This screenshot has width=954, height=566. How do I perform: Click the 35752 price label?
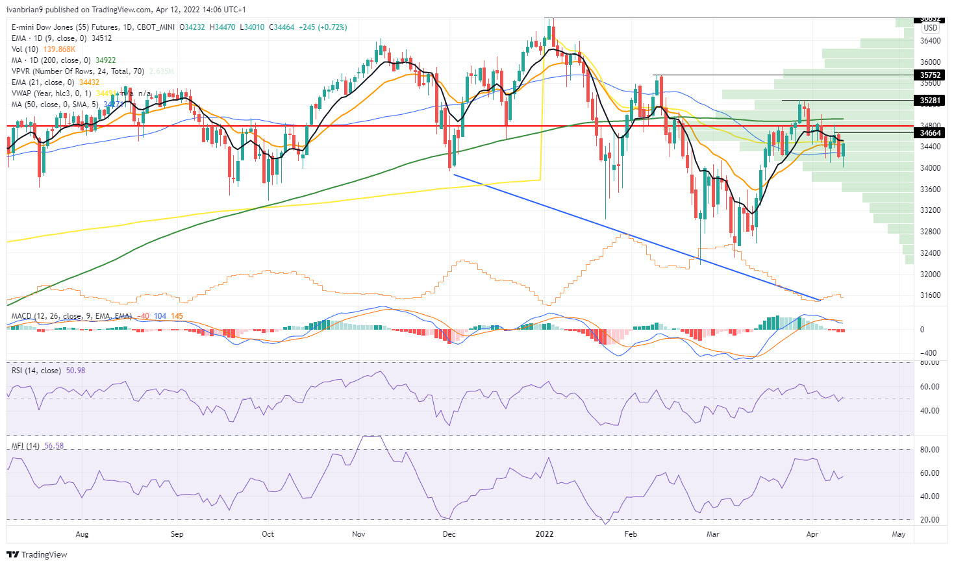(x=931, y=75)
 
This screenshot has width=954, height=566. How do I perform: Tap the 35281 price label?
(x=931, y=101)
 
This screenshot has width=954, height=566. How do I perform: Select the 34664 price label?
(x=931, y=133)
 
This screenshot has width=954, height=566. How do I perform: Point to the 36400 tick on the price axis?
(x=930, y=41)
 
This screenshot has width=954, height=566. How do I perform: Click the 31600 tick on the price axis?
(x=930, y=295)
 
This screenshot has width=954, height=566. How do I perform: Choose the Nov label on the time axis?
(x=358, y=534)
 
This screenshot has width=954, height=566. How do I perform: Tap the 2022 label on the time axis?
(x=544, y=534)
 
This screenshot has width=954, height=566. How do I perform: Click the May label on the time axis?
(x=899, y=534)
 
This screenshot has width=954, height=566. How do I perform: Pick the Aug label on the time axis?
(x=82, y=534)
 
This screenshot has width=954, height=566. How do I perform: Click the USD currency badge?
(x=931, y=28)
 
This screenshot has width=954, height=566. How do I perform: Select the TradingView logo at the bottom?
(x=37, y=555)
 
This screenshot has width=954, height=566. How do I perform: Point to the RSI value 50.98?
(x=76, y=371)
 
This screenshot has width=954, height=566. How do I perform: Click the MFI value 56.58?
(x=54, y=446)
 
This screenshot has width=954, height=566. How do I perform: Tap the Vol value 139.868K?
(x=59, y=49)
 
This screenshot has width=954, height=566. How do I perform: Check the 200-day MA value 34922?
(x=106, y=60)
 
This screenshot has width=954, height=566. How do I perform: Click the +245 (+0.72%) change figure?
(x=323, y=27)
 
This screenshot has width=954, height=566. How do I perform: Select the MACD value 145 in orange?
(x=177, y=316)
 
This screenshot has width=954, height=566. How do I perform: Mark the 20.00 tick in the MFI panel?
(x=931, y=520)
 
